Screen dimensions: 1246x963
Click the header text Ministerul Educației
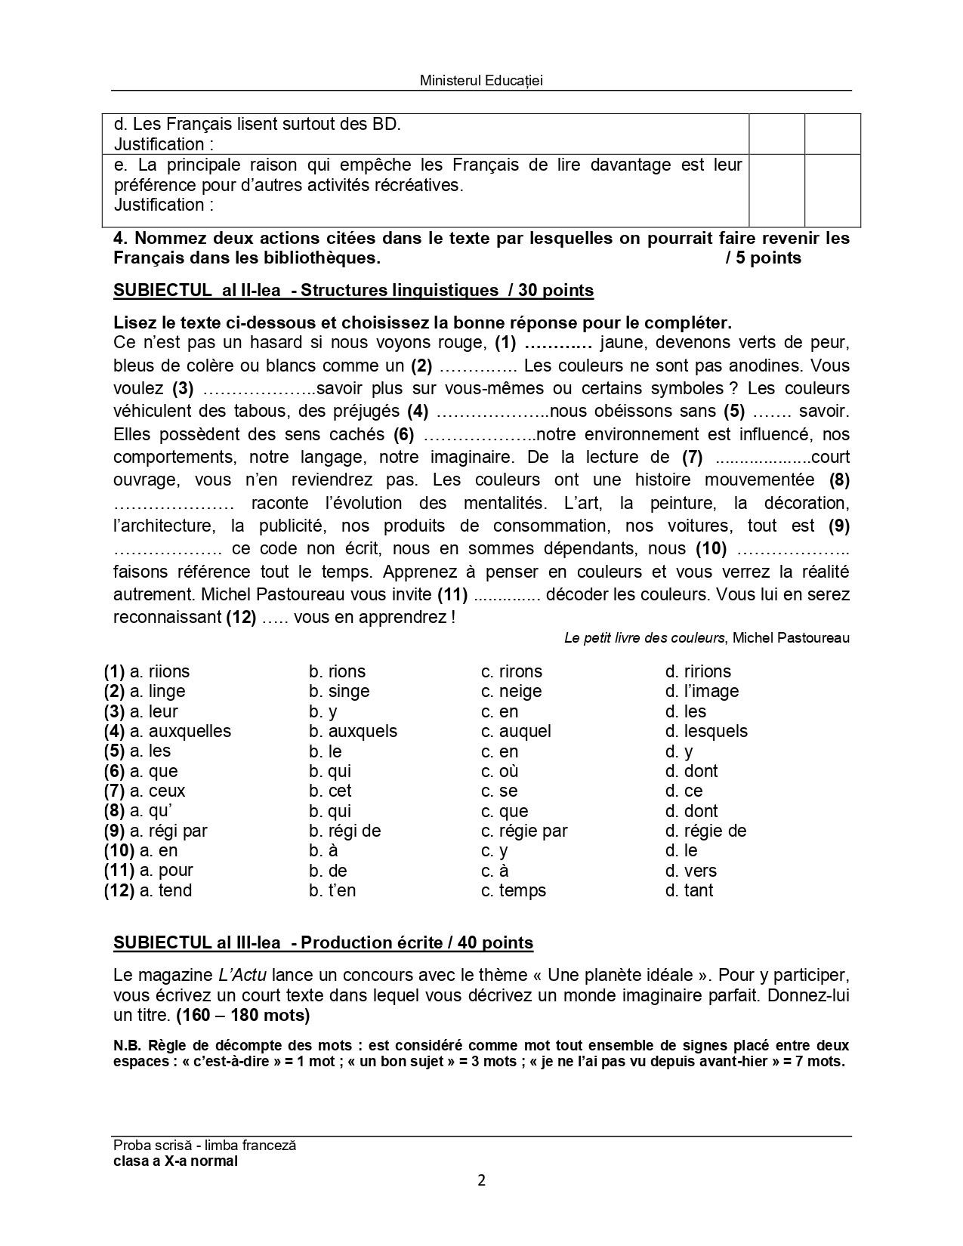(x=481, y=81)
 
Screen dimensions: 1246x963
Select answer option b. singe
(x=339, y=691)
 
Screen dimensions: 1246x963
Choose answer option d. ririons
(x=698, y=671)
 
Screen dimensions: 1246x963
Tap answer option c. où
(x=499, y=771)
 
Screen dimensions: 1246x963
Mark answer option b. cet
(x=330, y=791)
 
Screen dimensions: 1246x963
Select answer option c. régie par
(x=524, y=831)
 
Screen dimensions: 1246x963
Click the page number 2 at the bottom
(x=481, y=1180)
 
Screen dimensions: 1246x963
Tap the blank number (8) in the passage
(x=839, y=480)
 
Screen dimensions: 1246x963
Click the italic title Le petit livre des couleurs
(x=644, y=638)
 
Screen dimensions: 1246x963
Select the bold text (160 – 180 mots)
(x=242, y=1015)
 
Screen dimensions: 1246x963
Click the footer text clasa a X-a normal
(x=175, y=1161)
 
